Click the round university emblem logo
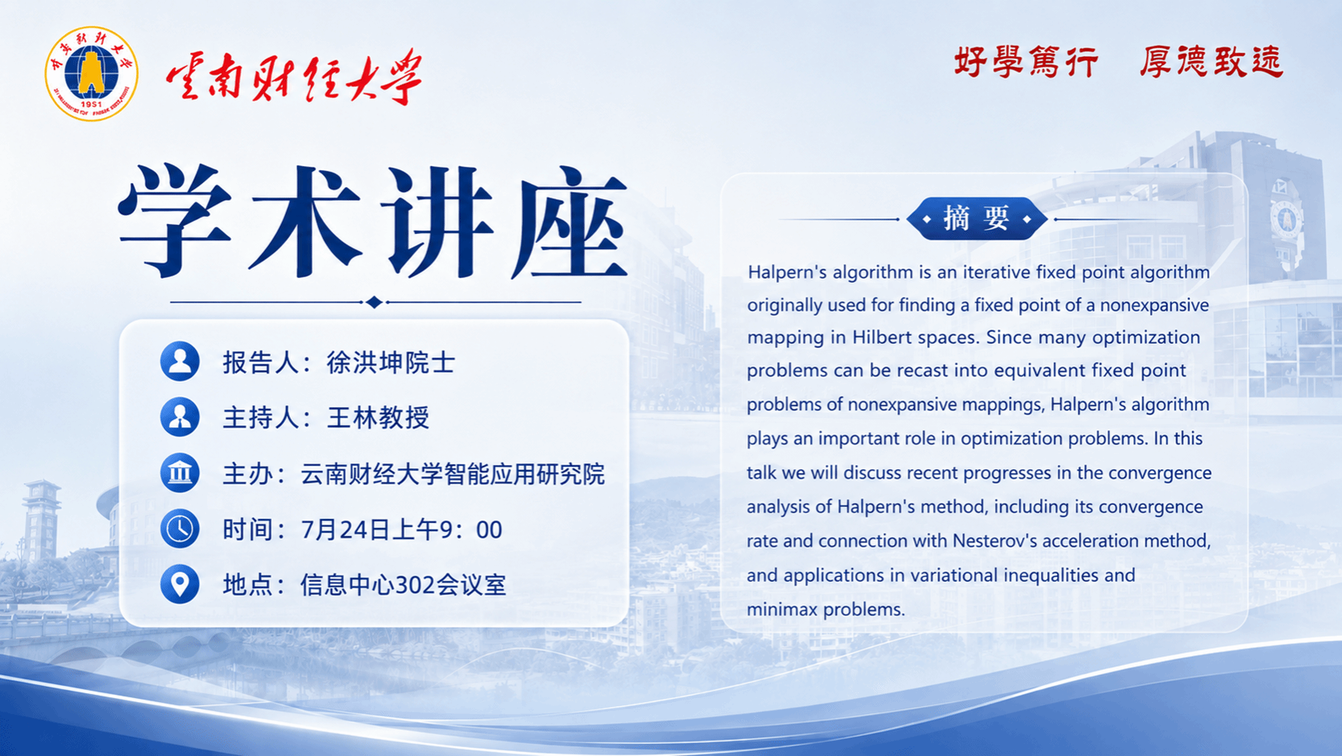point(92,73)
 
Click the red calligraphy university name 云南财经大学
point(294,77)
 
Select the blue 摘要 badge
point(976,218)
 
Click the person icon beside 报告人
point(180,361)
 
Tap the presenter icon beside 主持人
point(180,417)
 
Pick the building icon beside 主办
point(180,473)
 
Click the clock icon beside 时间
point(180,529)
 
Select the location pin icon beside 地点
point(180,584)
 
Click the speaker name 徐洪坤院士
point(391,362)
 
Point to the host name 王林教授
point(378,417)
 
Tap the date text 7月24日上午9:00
point(401,530)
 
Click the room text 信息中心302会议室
point(404,585)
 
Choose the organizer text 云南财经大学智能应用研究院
point(453,474)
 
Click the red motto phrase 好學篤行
point(1026,61)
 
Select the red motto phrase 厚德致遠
point(1212,61)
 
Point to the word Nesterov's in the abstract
point(995,541)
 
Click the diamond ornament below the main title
point(375,302)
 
